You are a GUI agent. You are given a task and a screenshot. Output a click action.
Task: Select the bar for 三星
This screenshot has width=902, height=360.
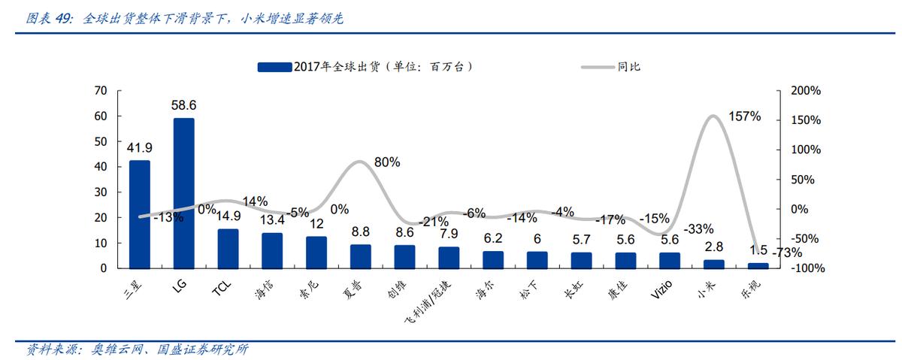tap(139, 214)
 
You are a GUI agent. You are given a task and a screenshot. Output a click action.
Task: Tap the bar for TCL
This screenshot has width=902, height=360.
tap(228, 249)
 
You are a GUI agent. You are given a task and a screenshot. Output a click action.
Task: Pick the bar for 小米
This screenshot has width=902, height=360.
tap(713, 264)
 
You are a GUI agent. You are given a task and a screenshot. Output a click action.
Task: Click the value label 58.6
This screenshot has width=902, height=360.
tap(183, 105)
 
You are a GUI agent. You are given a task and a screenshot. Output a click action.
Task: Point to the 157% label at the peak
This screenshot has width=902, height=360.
tap(745, 116)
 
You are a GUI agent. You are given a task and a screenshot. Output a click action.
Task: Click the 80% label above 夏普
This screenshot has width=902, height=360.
tap(387, 162)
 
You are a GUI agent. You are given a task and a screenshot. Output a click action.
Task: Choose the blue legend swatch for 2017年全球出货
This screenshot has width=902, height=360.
tap(274, 67)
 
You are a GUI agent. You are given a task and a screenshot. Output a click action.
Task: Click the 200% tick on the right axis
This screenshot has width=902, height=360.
tap(807, 91)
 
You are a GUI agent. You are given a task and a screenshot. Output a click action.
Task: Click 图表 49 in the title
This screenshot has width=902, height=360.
tap(50, 17)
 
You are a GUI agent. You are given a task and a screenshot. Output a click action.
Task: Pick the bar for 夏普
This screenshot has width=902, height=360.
tap(360, 256)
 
